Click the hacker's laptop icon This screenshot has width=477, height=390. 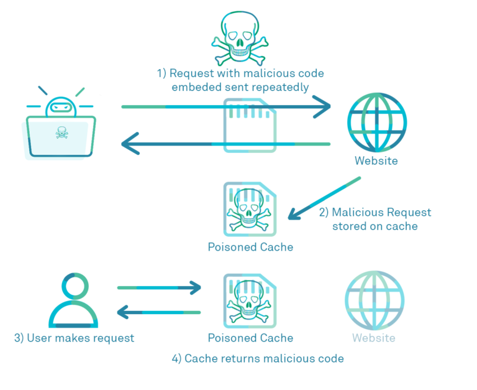61,128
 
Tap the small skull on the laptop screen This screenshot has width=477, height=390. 61,132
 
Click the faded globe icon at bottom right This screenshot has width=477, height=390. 374,300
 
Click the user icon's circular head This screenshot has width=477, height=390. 73,286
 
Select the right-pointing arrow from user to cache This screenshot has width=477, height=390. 159,287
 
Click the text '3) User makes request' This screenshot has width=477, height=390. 74,338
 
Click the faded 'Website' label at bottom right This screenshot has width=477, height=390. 373,338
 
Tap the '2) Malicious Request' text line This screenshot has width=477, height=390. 375,212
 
